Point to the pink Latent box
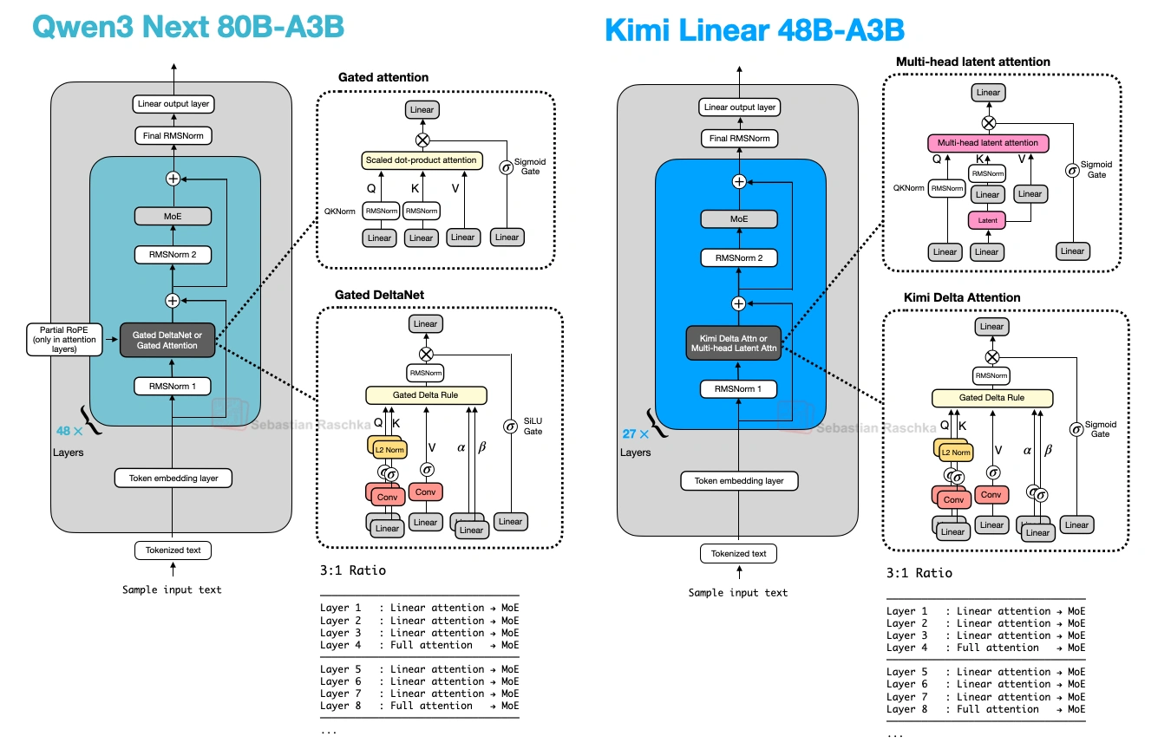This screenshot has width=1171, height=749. (987, 220)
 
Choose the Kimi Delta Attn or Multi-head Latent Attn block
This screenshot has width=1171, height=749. (739, 343)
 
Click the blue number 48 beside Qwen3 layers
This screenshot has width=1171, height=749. (63, 431)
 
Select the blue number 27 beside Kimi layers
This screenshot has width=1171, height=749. (629, 433)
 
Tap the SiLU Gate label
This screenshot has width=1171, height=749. (532, 426)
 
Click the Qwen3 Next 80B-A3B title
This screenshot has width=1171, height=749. (188, 27)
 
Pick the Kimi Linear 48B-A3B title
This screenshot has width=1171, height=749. (754, 30)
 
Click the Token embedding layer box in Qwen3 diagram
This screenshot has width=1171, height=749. (173, 478)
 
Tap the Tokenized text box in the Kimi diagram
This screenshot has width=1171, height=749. (739, 553)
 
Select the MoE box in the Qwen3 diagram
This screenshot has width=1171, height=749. (173, 217)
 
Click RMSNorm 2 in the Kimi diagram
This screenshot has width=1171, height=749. (739, 257)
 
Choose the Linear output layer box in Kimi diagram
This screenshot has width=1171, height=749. (739, 107)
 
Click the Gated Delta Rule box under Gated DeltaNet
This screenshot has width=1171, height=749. (426, 395)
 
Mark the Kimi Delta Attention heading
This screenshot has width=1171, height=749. (962, 297)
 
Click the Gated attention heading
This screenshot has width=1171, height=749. (383, 77)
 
